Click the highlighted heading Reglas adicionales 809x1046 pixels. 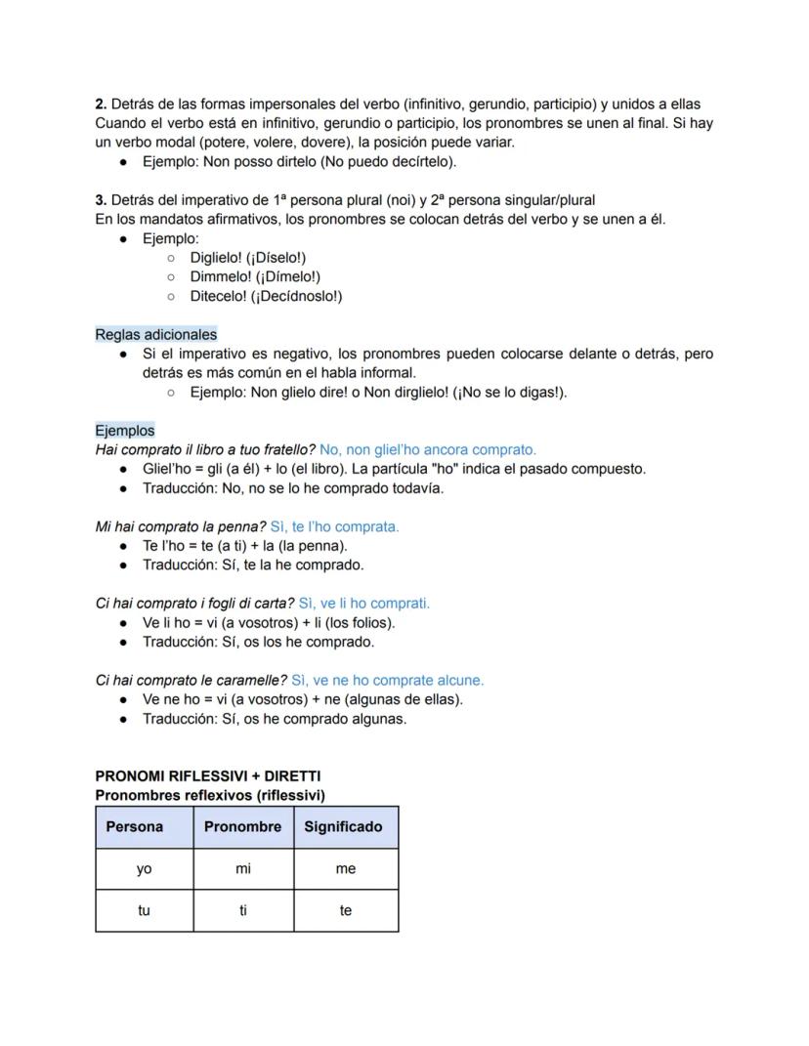(156, 334)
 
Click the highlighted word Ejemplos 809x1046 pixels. (125, 430)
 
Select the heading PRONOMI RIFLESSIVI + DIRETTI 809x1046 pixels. (208, 775)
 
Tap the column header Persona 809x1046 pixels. (135, 826)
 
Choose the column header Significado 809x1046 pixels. (343, 826)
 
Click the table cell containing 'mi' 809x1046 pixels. (243, 868)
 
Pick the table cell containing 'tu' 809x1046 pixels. (145, 910)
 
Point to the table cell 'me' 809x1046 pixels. (346, 868)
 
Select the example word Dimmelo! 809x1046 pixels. (219, 276)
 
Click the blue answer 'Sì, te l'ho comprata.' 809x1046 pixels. (334, 526)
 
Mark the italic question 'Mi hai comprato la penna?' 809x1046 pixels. (181, 526)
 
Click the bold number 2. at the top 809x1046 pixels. (101, 104)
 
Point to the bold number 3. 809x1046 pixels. (101, 199)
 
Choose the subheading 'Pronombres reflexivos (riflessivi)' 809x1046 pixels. (210, 795)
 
